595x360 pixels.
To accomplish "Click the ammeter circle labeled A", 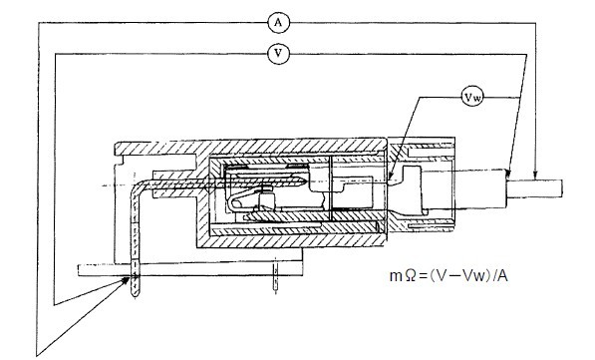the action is point(278,23).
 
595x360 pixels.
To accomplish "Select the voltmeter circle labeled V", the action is point(278,54).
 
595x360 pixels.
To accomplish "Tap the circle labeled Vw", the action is point(472,97).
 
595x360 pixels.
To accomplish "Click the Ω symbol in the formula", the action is point(411,275).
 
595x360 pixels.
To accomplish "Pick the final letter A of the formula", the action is point(502,275).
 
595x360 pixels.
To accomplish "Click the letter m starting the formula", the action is point(396,277).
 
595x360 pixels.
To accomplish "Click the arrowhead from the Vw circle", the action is point(390,176).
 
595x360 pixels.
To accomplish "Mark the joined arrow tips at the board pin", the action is point(127,280).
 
